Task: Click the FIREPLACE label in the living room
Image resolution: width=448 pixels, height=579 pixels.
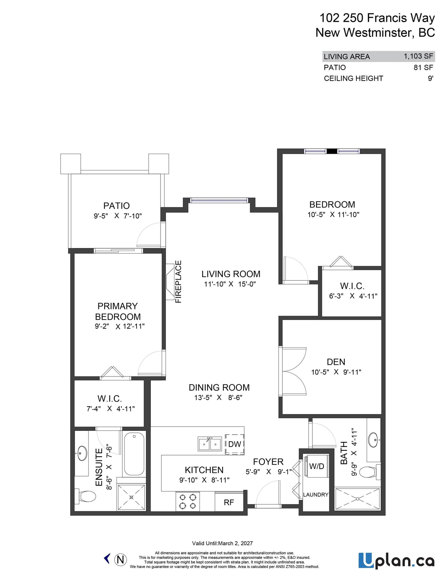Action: tap(178, 282)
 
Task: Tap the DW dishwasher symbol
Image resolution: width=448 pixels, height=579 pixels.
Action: tap(235, 444)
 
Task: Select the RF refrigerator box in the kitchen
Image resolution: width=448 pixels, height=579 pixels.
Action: tap(229, 502)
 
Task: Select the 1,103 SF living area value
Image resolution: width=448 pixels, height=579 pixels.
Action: tap(418, 56)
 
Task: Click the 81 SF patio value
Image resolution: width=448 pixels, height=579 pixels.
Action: tap(423, 67)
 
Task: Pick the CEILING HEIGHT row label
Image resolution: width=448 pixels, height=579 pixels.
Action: tap(353, 78)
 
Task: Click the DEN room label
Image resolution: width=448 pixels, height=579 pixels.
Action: tap(336, 362)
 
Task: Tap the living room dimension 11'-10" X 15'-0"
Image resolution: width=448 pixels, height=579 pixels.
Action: tap(230, 284)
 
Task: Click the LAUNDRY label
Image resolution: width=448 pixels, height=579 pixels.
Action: tap(316, 495)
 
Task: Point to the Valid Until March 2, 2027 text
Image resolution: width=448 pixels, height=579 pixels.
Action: tap(222, 543)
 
